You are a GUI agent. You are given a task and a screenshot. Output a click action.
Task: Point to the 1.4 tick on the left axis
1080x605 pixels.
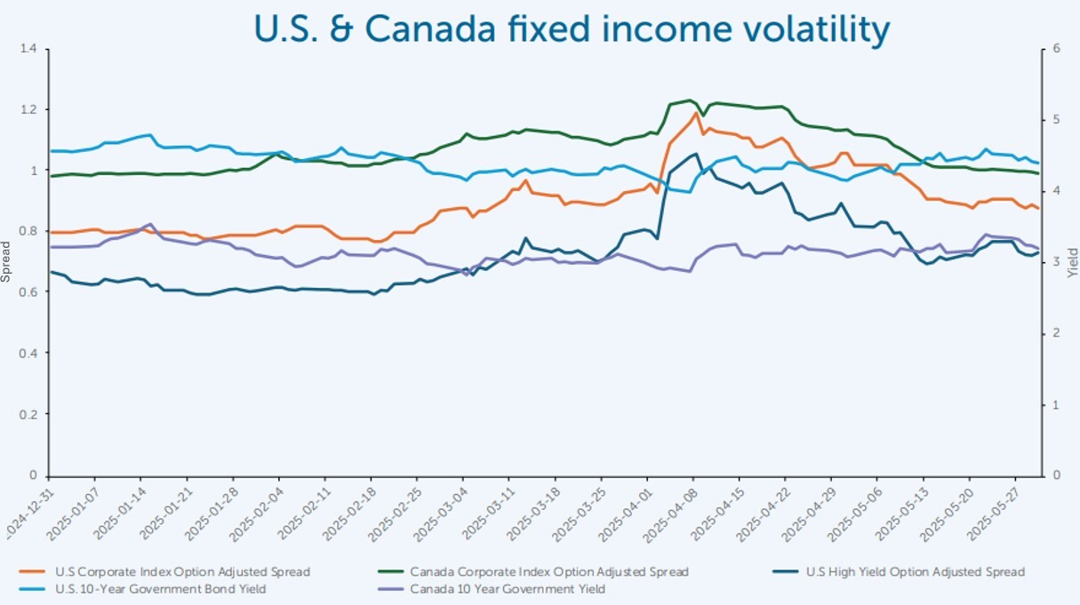tap(31, 49)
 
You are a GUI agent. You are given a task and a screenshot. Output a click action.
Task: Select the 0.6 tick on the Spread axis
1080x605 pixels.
tap(31, 292)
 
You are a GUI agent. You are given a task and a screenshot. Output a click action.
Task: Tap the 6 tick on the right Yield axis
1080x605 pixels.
tap(1055, 49)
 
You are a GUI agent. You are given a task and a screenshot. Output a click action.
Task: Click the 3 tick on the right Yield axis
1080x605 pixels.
tap(1055, 262)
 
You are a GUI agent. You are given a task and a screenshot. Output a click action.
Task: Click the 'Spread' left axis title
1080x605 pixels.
tap(7, 262)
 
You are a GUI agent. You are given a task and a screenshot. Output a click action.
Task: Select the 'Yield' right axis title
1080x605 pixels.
tap(1072, 262)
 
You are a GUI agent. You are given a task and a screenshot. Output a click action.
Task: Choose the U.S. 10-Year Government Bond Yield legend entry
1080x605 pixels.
tap(160, 588)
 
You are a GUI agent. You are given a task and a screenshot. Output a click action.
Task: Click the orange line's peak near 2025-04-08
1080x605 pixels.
tap(697, 113)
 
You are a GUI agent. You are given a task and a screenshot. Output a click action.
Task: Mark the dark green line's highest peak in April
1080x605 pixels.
tap(689, 100)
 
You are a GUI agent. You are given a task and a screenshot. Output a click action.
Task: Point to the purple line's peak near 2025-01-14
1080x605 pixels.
tap(149, 224)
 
